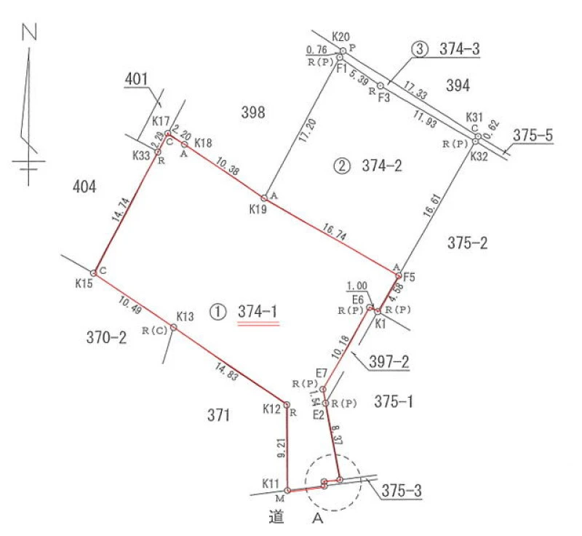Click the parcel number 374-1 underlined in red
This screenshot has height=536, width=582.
[258, 311]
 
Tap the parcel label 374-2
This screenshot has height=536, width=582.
[382, 165]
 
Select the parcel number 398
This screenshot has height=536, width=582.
[252, 112]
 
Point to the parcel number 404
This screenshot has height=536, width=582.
[84, 188]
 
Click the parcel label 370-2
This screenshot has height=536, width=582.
[106, 337]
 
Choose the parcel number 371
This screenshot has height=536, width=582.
[218, 416]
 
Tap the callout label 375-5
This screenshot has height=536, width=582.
[533, 135]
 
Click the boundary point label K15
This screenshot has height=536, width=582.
[84, 283]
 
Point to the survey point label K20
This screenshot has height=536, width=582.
[341, 36]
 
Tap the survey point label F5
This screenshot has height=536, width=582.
[409, 277]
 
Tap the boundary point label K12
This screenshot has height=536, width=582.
[272, 410]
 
